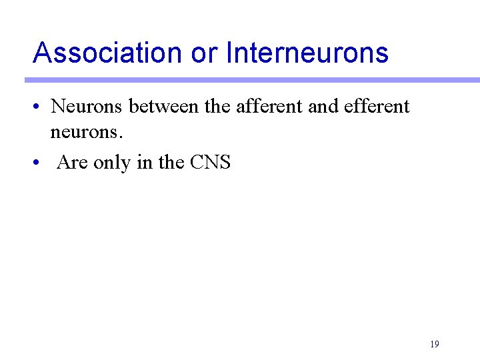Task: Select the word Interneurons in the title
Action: pyautogui.click(x=307, y=52)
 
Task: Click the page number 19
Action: pyautogui.click(x=434, y=345)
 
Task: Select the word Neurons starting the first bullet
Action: pyautogui.click(x=87, y=106)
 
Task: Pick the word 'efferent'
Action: pyautogui.click(x=377, y=106)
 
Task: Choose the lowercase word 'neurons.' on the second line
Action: pyautogui.click(x=87, y=133)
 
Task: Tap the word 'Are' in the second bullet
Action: pyautogui.click(x=72, y=162)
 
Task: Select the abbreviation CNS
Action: pyautogui.click(x=210, y=162)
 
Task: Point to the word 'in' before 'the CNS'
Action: pyautogui.click(x=145, y=162)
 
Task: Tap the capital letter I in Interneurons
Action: pyautogui.click(x=229, y=52)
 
